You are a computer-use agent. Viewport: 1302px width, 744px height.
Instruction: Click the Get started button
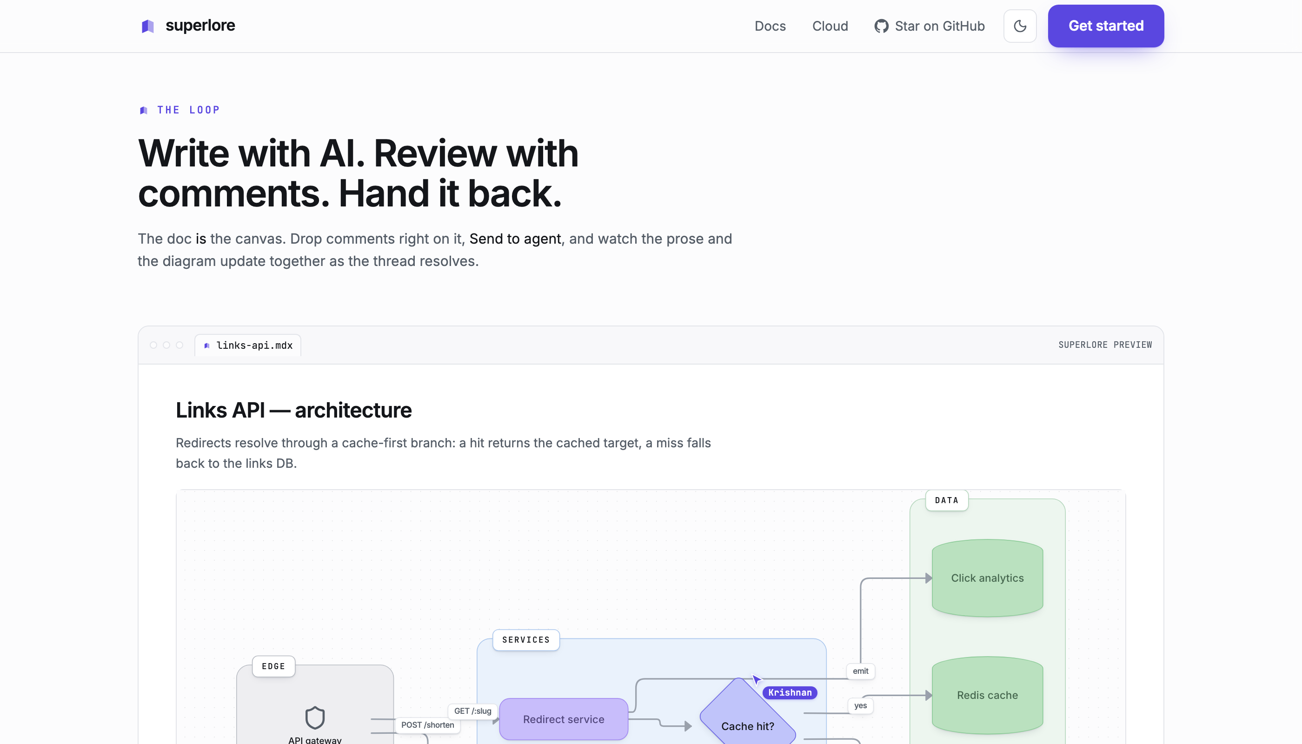[x=1106, y=26]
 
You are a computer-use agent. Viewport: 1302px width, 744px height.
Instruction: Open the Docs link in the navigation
[x=770, y=26]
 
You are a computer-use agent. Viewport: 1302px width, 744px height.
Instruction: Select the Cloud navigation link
[x=830, y=26]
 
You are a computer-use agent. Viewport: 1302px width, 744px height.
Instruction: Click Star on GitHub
[x=930, y=26]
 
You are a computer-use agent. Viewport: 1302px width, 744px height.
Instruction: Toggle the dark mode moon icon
[x=1020, y=26]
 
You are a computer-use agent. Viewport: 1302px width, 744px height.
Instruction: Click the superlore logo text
[x=200, y=26]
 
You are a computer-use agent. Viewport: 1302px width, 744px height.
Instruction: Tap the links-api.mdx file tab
[x=248, y=345]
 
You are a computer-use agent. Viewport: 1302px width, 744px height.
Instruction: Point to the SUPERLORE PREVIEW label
[x=1105, y=345]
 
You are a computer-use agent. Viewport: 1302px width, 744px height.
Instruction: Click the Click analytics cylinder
[x=987, y=578]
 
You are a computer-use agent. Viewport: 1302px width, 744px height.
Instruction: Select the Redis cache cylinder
[x=987, y=695]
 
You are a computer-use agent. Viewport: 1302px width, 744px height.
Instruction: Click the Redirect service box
[x=564, y=719]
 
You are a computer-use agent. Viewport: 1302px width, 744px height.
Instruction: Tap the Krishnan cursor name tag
[x=790, y=692]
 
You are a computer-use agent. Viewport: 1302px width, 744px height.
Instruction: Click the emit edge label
[x=861, y=671]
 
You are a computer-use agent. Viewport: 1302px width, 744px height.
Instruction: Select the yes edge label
[x=861, y=706]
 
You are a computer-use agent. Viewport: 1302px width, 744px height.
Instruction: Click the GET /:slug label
[x=472, y=711]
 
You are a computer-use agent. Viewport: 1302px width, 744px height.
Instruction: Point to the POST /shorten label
[x=428, y=724]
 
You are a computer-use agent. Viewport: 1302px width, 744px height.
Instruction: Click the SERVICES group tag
[x=526, y=640]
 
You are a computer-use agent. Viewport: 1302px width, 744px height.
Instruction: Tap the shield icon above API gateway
[x=315, y=717]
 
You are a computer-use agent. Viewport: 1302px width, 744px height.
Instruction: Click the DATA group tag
[x=947, y=500]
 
